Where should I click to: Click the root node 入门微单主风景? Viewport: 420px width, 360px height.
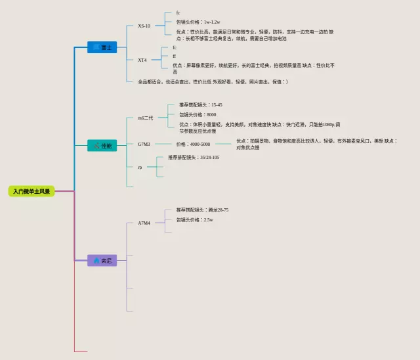click(x=31, y=191)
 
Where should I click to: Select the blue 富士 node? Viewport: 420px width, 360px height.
click(x=102, y=47)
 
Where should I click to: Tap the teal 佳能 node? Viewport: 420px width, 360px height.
click(x=102, y=145)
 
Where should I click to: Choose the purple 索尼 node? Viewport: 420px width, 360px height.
click(x=102, y=261)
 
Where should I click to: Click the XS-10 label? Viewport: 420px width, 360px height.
click(x=144, y=26)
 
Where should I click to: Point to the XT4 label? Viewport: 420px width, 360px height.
click(x=142, y=60)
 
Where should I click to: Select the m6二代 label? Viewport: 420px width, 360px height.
click(x=145, y=118)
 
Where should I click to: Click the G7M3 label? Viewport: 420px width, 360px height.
click(x=144, y=144)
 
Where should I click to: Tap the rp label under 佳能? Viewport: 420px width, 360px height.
click(x=140, y=167)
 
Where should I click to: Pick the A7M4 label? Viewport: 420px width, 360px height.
click(x=144, y=223)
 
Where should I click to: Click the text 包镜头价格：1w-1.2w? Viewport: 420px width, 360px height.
click(x=198, y=22)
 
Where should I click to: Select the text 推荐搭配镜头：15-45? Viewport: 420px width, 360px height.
click(x=201, y=104)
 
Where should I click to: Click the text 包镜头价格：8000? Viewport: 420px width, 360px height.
click(x=198, y=114)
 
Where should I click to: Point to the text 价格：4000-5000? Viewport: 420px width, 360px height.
click(x=193, y=144)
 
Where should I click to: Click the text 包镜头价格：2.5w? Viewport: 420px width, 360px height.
click(x=195, y=219)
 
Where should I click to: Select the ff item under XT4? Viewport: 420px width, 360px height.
click(x=175, y=56)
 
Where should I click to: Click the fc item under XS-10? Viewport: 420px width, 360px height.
click(x=178, y=12)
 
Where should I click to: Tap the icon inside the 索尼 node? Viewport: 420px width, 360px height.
click(x=96, y=261)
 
